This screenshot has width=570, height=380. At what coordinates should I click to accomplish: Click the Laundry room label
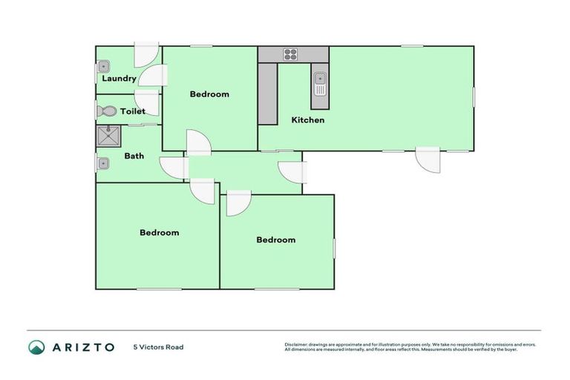(119, 79)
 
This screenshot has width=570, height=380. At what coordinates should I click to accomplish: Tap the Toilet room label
(133, 111)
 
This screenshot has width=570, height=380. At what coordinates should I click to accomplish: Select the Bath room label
(134, 156)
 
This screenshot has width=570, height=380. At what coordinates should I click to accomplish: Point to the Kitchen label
(307, 120)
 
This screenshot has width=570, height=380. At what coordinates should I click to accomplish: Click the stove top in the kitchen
(289, 54)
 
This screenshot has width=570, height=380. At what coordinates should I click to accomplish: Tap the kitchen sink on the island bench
(320, 83)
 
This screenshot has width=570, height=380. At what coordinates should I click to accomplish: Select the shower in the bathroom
(109, 136)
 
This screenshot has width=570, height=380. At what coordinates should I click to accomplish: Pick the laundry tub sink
(103, 66)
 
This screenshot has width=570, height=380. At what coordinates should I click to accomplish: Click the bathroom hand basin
(103, 163)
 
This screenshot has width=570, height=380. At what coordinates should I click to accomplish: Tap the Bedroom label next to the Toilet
(209, 94)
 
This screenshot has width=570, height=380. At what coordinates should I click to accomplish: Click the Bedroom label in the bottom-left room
(160, 232)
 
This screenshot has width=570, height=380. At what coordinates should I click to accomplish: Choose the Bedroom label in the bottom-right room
(276, 240)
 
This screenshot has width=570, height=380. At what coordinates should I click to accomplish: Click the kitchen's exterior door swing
(427, 160)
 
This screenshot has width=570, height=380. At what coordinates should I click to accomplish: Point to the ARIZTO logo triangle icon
(36, 347)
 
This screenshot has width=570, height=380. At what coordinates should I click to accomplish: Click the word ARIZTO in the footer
(83, 347)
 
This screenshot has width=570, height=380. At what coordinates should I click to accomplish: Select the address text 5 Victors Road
(158, 347)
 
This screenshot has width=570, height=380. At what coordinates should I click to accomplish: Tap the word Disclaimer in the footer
(297, 344)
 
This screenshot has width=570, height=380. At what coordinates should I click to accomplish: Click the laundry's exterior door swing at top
(145, 56)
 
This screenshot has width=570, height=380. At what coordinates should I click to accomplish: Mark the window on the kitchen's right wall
(474, 98)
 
